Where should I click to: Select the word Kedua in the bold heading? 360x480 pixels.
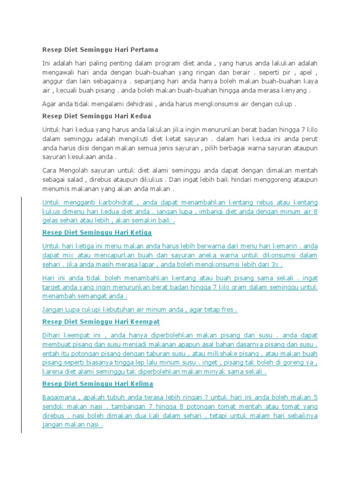tap(141, 116)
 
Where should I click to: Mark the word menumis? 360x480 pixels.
tap(56, 189)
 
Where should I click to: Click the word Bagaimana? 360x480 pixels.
tap(58, 397)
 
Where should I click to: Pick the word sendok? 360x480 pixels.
tap(53, 406)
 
